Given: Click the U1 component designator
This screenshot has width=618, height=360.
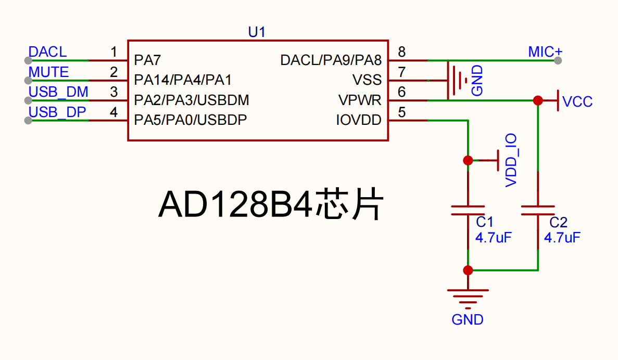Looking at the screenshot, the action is [257, 32].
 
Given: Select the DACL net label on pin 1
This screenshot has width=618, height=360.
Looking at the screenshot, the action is [48, 52].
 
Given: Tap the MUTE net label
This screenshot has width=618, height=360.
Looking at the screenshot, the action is [48, 72].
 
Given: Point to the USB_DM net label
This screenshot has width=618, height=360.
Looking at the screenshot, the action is [58, 92].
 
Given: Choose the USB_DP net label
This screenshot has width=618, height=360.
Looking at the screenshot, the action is [57, 112].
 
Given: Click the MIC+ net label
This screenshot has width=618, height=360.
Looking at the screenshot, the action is [545, 52].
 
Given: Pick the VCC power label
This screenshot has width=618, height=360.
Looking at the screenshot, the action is [577, 101].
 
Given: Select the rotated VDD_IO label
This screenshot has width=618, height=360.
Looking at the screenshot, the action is [511, 160].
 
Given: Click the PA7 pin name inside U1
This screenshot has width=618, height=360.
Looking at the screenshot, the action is [147, 60].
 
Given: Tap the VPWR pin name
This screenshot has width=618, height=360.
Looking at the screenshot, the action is [360, 100].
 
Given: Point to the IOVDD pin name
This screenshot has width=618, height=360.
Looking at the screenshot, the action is [359, 120].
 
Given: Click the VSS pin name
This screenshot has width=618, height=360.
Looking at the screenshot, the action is [367, 80].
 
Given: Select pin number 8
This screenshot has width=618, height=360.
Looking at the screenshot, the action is [401, 52].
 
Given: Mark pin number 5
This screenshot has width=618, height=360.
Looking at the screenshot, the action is [401, 112].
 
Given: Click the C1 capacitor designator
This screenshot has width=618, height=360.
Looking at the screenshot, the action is [484, 222].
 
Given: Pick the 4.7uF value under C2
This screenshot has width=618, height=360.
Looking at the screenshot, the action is [562, 238].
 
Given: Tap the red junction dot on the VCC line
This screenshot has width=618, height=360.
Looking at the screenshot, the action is [538, 100].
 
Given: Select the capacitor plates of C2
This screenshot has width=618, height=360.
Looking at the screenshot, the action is [538, 210].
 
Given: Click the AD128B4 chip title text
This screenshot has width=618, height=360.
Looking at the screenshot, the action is [271, 204].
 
